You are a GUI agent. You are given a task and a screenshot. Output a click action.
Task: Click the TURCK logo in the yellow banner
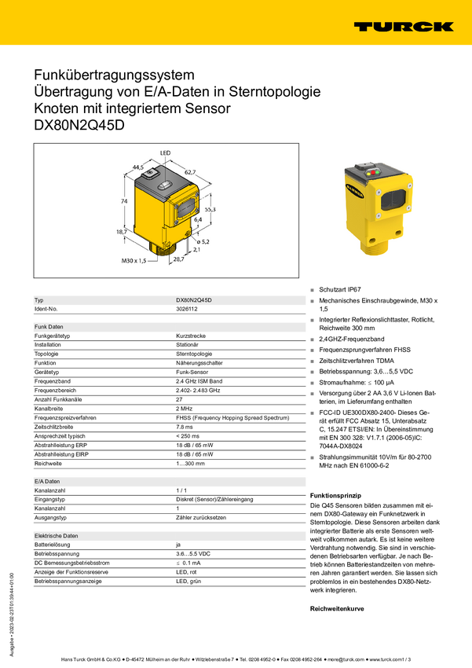(x=404, y=27)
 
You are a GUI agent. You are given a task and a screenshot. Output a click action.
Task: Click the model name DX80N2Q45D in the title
(x=79, y=125)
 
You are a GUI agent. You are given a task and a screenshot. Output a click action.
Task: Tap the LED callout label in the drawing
(x=165, y=153)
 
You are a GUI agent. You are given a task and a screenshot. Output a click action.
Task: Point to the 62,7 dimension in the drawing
(x=190, y=172)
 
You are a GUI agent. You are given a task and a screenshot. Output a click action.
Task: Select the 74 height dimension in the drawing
(x=124, y=201)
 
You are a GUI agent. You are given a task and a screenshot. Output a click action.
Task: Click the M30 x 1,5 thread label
(x=134, y=260)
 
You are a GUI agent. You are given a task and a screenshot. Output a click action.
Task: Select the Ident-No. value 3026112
(x=187, y=309)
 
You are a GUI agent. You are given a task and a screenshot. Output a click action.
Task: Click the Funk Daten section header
(x=49, y=327)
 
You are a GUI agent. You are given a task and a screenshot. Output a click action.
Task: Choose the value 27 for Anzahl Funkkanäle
(x=179, y=399)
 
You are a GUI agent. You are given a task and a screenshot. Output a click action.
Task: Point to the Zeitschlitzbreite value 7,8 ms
(x=185, y=427)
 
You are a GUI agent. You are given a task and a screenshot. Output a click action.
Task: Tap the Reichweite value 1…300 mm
(x=191, y=464)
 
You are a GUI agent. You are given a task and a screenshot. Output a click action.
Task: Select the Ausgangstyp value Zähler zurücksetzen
(x=201, y=518)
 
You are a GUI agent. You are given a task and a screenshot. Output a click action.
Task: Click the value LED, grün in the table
(x=188, y=581)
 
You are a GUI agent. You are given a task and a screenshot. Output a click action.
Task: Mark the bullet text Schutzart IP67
(x=340, y=289)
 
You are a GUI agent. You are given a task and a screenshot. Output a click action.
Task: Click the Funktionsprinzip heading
(x=335, y=495)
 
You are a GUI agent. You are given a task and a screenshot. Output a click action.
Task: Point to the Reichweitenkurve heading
(x=337, y=609)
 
